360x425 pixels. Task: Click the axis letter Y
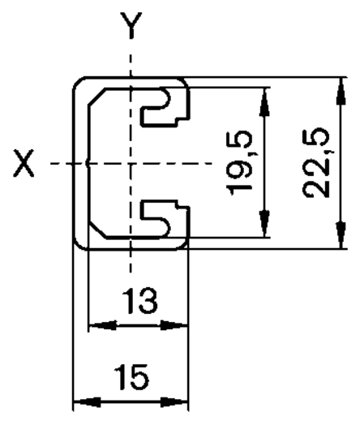click(131, 25)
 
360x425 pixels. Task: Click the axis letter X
click(24, 164)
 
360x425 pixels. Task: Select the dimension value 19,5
click(241, 163)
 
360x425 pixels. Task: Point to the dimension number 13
click(139, 301)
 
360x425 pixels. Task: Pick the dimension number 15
click(131, 377)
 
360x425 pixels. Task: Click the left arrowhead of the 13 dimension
click(103, 325)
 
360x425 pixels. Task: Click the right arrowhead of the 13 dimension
click(174, 325)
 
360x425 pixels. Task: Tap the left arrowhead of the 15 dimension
click(88, 401)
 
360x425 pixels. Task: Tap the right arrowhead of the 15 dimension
click(174, 401)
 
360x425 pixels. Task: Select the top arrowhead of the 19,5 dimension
click(264, 101)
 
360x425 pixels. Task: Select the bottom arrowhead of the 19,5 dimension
click(264, 223)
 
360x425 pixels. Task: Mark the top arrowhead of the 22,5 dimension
click(341, 91)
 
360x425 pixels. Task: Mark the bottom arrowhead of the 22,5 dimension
click(341, 234)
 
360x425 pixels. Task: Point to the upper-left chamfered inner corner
click(96, 96)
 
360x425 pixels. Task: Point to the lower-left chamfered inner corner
click(97, 230)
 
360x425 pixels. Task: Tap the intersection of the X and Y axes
click(131, 164)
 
